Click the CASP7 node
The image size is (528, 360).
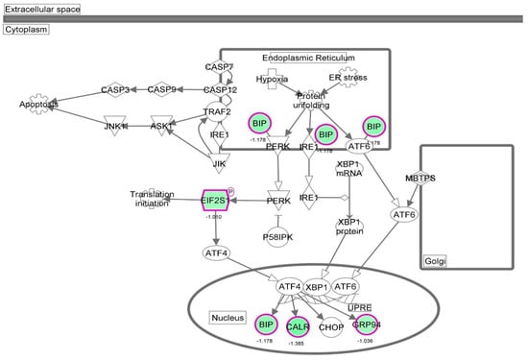pos(220,67)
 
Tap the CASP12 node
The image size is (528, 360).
pos(220,90)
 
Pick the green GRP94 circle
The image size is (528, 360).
pos(367,323)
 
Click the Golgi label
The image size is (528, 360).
pos(436,260)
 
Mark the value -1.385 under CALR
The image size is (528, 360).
pos(297,344)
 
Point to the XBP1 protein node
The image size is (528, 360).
pos(348,227)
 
